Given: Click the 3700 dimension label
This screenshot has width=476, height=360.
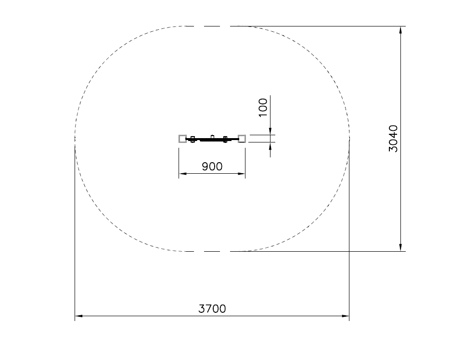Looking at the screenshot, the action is point(212,309).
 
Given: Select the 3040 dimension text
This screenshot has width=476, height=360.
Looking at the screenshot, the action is point(393,139).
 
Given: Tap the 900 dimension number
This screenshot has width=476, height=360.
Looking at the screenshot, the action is point(212,167).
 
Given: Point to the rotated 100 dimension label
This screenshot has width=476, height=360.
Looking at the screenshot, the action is point(263,107).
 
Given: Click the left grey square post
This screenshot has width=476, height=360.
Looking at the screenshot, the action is point(182,139).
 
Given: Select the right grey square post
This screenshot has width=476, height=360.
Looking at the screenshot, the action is point(242,139).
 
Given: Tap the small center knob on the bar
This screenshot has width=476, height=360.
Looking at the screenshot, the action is point(213,137).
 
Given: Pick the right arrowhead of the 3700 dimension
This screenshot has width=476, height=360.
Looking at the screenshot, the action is point(346,316).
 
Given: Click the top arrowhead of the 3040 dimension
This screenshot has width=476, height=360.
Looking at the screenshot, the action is point(401,30).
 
